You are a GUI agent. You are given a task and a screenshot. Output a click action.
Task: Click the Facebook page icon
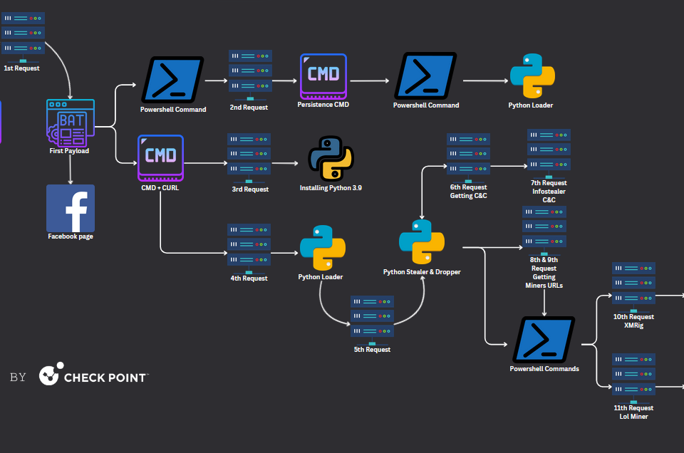pos(71,208)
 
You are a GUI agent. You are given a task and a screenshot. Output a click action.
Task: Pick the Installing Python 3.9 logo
pos(331,157)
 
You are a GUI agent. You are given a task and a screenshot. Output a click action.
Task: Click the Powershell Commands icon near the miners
pos(544,340)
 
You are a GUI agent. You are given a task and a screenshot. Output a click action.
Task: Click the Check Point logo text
pos(105,377)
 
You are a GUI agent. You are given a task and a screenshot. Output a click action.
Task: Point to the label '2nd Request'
pos(249,108)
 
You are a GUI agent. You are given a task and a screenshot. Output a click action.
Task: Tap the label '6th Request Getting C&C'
pos(468,192)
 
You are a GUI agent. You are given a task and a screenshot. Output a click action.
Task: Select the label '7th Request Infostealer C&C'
pos(549,191)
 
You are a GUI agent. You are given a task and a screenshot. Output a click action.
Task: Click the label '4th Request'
pos(249,278)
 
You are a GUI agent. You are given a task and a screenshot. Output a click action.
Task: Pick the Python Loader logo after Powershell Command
pos(532,75)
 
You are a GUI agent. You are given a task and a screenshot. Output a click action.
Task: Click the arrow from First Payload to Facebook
pos(71,170)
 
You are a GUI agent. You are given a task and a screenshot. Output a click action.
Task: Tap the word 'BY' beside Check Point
pos(18,377)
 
